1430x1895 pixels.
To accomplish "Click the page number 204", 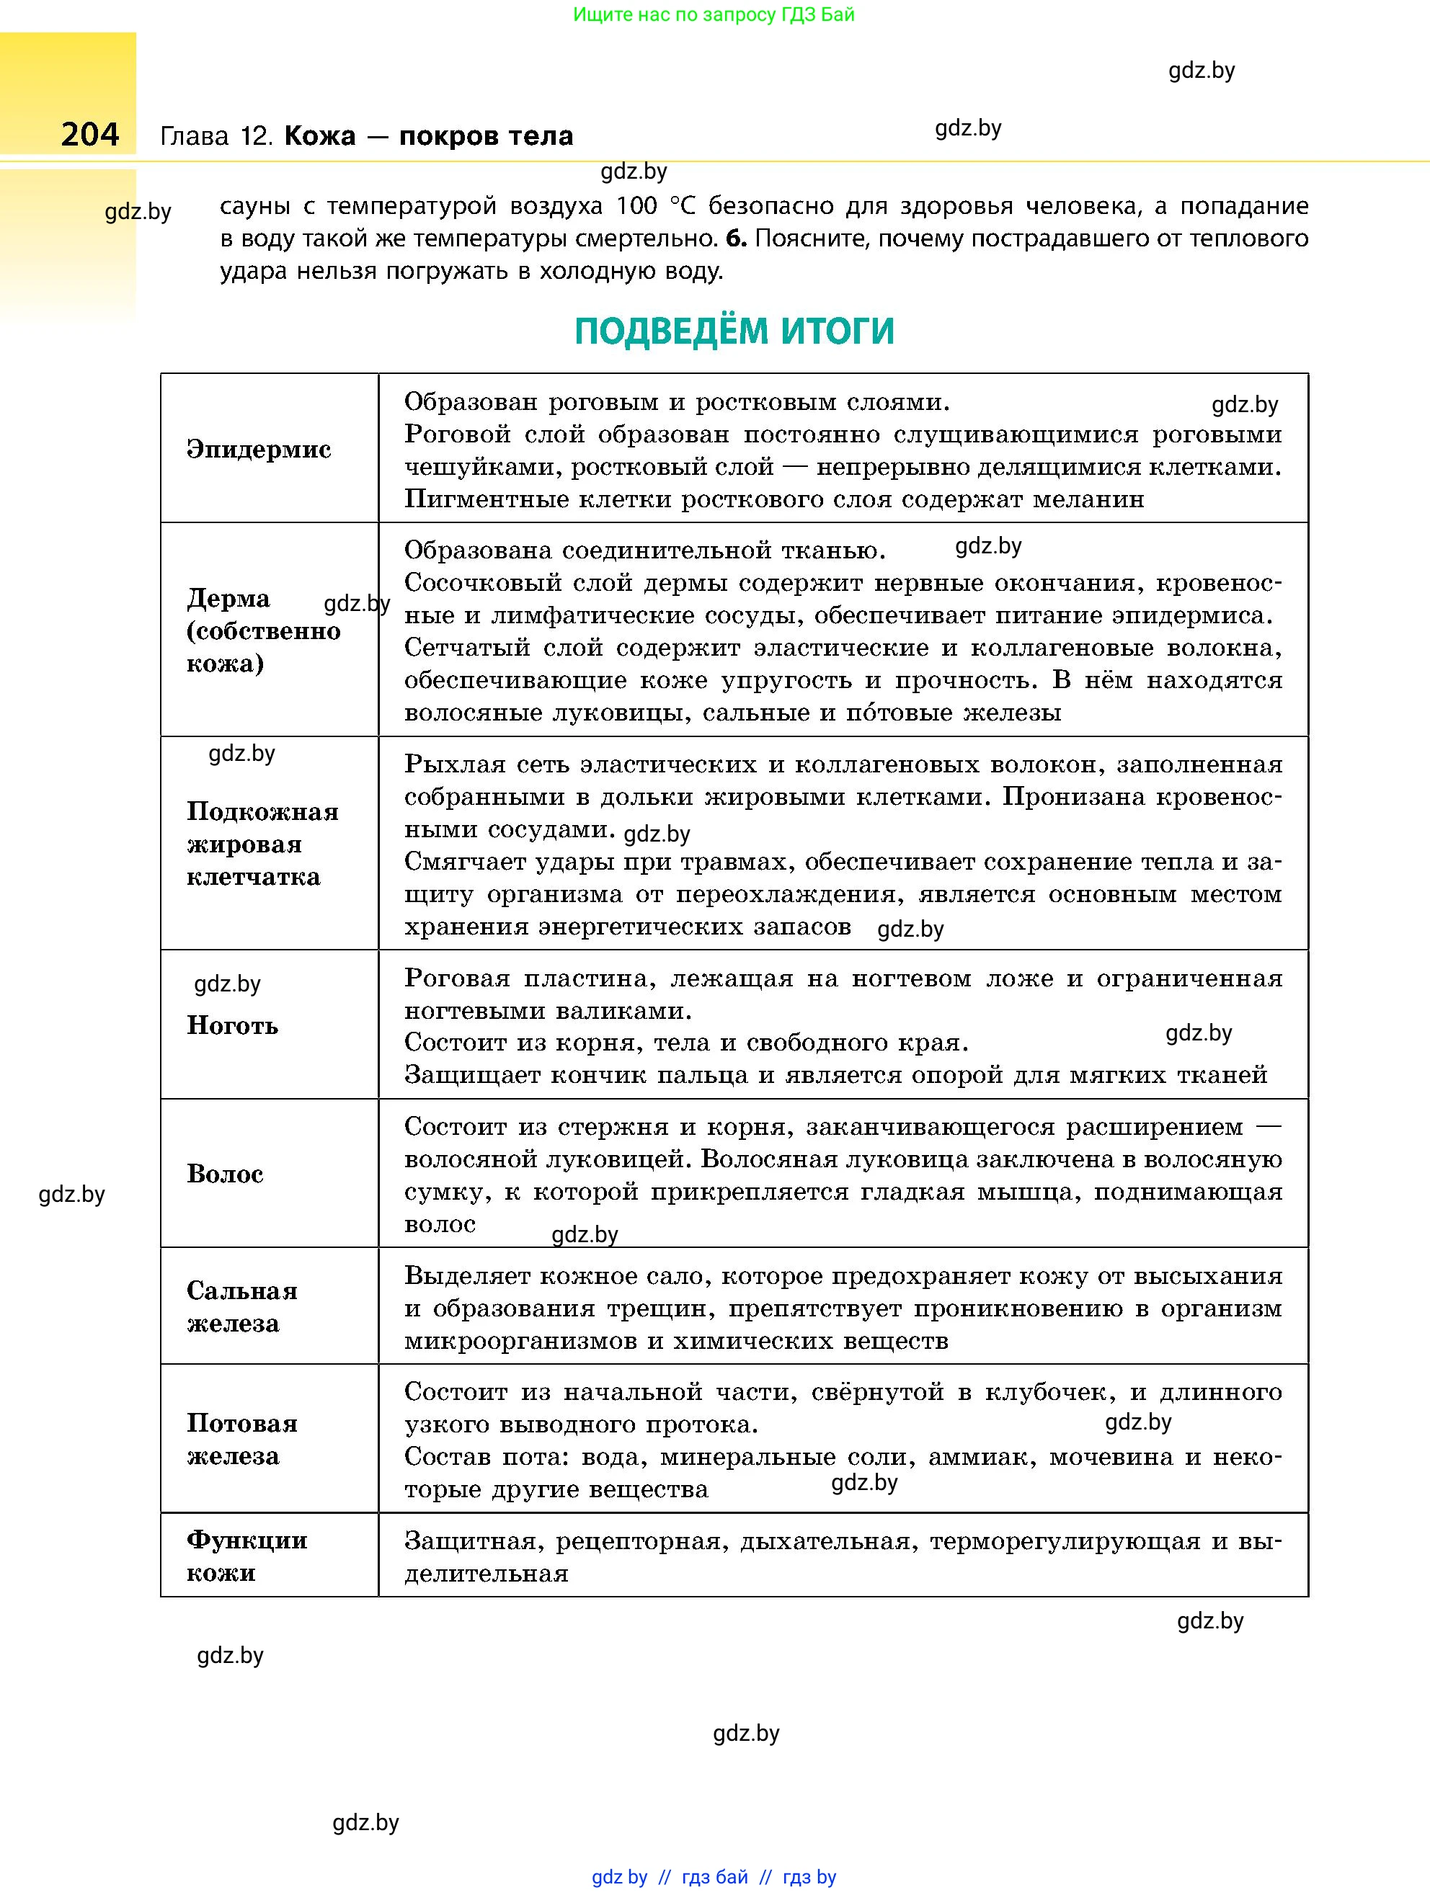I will [x=90, y=135].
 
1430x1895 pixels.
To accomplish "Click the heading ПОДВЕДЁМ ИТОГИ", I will [x=734, y=331].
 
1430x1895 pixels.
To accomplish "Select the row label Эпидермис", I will [x=259, y=450].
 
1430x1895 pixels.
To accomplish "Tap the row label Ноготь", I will [x=232, y=1025].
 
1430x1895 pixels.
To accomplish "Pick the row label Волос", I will [x=226, y=1174].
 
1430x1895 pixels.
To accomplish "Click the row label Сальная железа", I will [x=241, y=1307].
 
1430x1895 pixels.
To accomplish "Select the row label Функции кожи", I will [x=247, y=1556].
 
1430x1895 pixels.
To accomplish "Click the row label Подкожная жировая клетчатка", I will [x=262, y=844].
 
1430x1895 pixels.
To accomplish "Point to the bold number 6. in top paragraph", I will [x=736, y=239].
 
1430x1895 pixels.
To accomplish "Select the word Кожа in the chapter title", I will [x=319, y=136].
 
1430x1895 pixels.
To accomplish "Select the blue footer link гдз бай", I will [x=714, y=1877].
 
